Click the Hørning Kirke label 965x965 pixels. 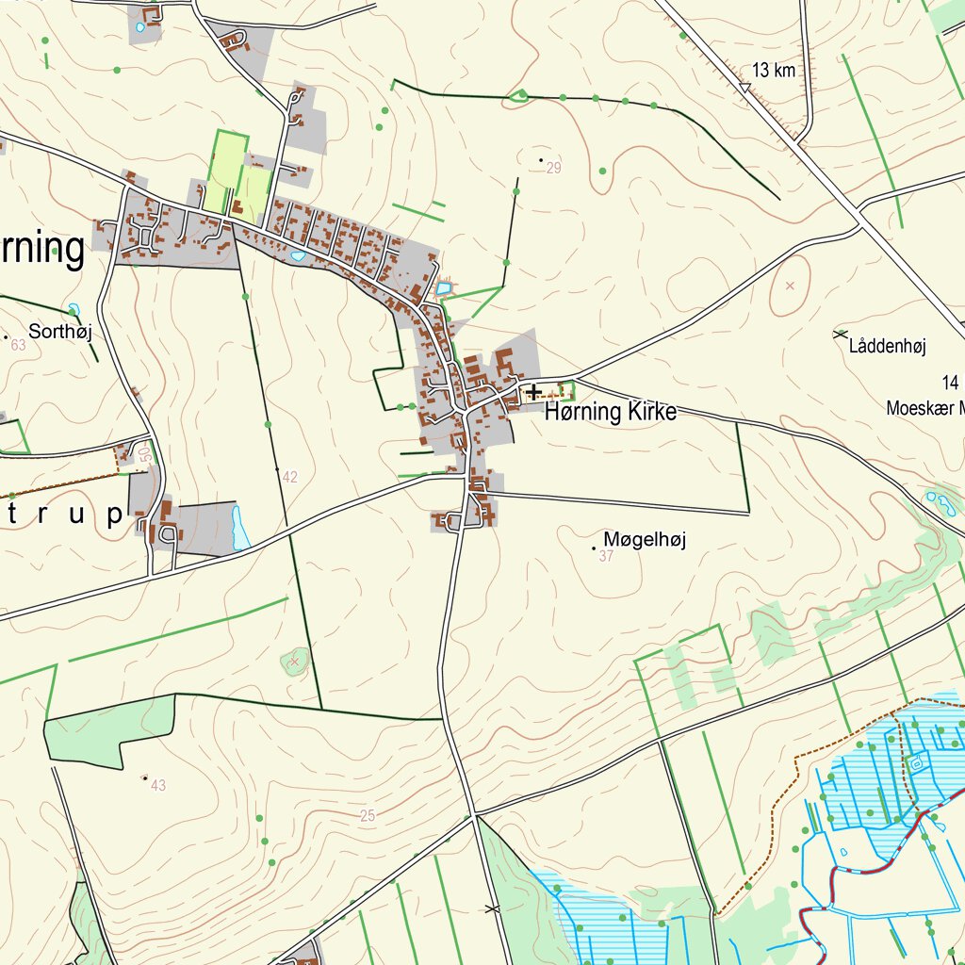611,412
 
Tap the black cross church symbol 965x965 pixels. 534,390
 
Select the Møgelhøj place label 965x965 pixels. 645,539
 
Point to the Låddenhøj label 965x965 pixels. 887,347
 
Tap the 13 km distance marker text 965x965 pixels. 774,70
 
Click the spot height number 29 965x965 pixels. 553,169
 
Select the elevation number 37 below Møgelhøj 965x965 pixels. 606,556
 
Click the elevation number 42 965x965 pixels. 289,477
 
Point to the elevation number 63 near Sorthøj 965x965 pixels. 19,346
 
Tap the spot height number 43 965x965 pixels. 157,785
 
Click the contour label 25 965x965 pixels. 368,816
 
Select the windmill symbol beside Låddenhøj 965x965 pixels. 840,334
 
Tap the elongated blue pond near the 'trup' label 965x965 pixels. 239,528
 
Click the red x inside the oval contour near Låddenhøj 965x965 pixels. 790,285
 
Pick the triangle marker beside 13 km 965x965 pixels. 744,88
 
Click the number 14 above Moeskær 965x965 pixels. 949,382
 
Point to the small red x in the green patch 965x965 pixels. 295,662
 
